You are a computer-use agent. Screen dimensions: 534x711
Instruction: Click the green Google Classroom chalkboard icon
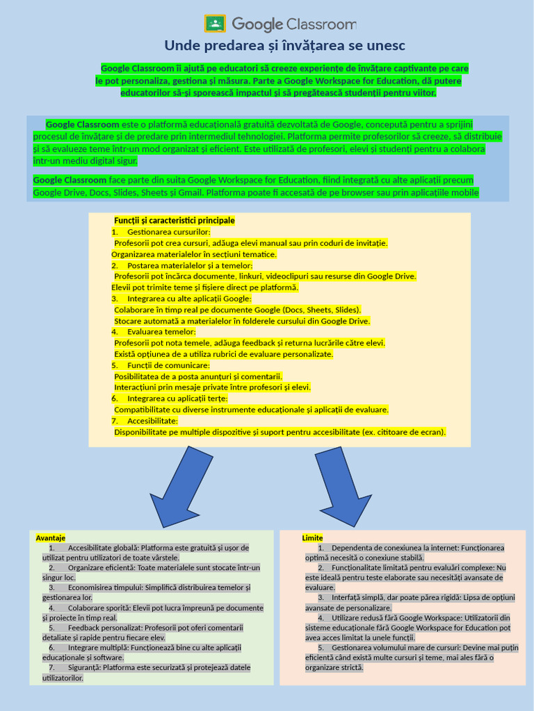215,24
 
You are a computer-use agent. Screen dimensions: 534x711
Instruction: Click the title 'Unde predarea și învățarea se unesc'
284,46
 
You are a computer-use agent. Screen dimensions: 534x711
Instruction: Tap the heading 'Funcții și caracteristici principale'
174,220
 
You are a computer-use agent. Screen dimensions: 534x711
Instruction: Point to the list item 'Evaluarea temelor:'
161,332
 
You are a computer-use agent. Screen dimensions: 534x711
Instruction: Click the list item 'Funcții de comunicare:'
168,365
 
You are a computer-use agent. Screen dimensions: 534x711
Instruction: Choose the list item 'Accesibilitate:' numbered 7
152,421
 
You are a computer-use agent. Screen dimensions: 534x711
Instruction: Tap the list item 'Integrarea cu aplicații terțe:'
177,399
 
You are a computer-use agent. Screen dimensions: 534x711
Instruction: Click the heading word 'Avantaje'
51,538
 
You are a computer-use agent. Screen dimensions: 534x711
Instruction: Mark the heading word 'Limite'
313,538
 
